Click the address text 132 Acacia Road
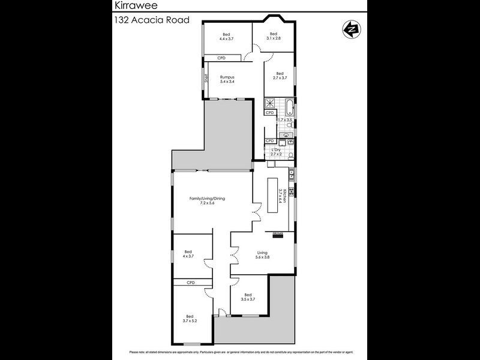(152, 20)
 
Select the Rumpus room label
(226, 79)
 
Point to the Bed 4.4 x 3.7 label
(226, 36)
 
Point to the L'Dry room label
(276, 152)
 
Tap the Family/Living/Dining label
(207, 200)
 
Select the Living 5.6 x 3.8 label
(262, 255)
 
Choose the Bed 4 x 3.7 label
(188, 254)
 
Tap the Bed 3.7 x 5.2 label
(190, 319)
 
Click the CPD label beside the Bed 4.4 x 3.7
(212, 58)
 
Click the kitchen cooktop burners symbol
(292, 192)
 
